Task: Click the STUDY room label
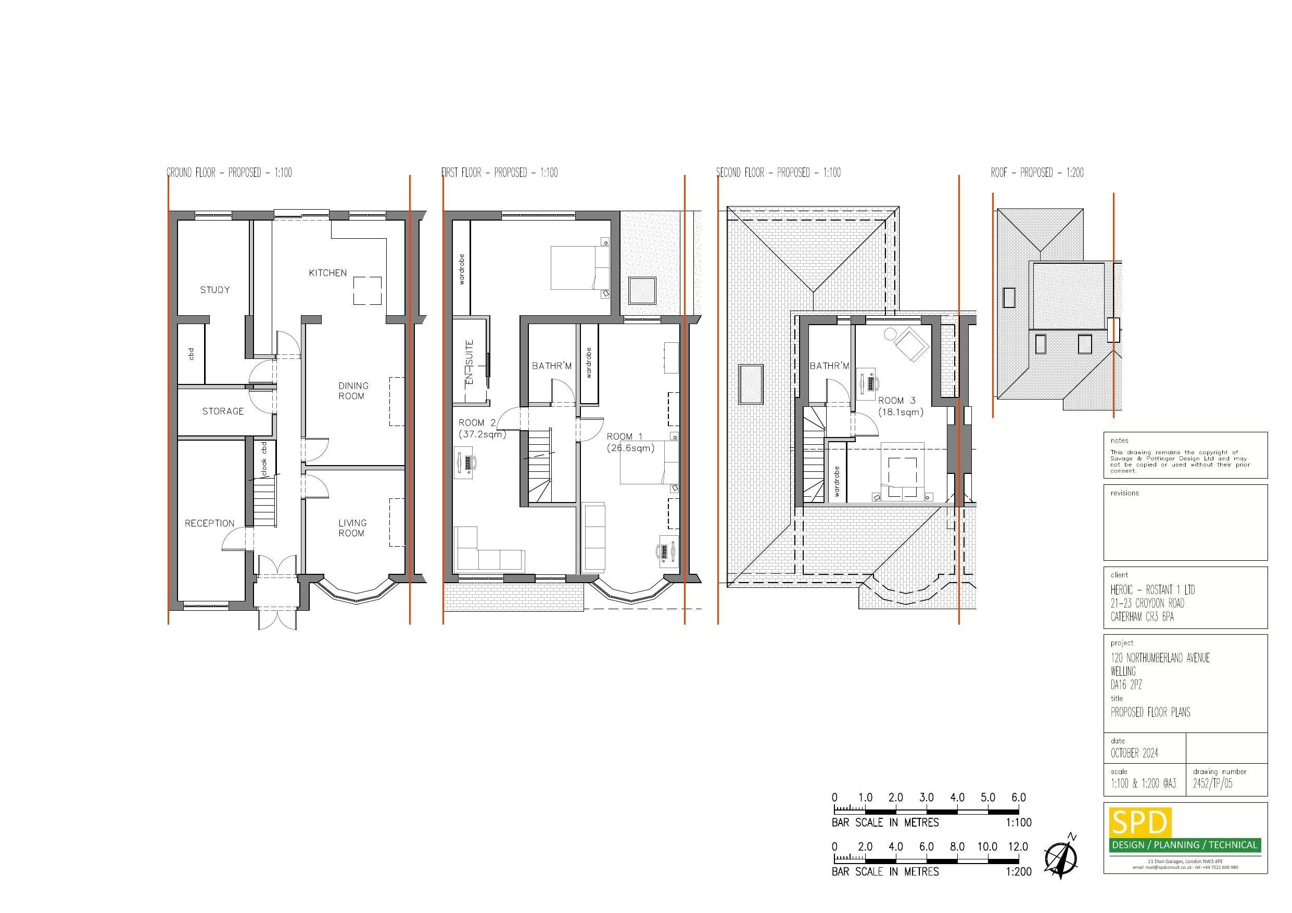tap(215, 290)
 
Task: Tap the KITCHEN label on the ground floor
tap(327, 273)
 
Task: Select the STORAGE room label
tap(223, 411)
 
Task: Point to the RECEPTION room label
tap(209, 523)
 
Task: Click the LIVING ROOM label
tap(352, 528)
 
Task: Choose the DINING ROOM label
tap(353, 390)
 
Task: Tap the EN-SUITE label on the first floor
tap(470, 363)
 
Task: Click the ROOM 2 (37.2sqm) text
tap(482, 428)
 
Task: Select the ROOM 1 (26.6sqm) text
tap(630, 442)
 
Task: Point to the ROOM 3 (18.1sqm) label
tap(901, 406)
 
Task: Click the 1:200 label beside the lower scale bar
tap(1019, 871)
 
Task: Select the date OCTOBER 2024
tap(1134, 753)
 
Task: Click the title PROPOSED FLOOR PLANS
tap(1150, 712)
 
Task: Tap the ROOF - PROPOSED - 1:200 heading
tap(1036, 173)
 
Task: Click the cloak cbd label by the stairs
tap(263, 457)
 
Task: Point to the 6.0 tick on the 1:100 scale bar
tap(1019, 798)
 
